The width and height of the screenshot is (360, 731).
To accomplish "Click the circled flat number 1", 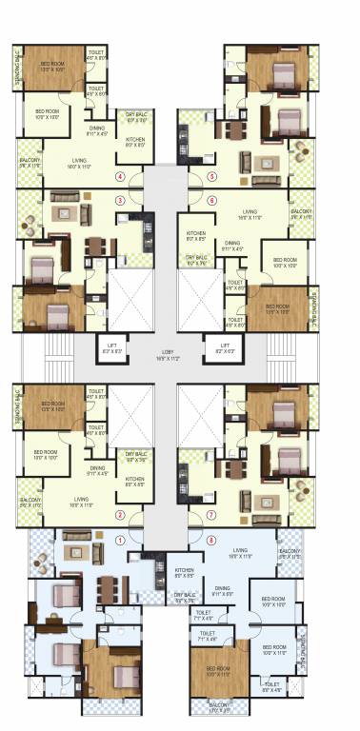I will pyautogui.click(x=120, y=539).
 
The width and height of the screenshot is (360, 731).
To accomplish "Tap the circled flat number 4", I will pyautogui.click(x=120, y=176).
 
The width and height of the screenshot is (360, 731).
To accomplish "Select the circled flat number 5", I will pyautogui.click(x=211, y=176).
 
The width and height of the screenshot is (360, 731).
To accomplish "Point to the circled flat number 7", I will pyautogui.click(x=211, y=515).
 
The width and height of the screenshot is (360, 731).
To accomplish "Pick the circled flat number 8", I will pyautogui.click(x=211, y=539).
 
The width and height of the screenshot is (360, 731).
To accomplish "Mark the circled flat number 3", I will pyautogui.click(x=120, y=200).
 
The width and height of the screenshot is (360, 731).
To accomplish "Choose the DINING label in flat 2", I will pyautogui.click(x=97, y=468).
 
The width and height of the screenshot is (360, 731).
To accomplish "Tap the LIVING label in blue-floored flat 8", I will pyautogui.click(x=249, y=551).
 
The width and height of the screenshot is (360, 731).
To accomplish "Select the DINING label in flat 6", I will pyautogui.click(x=232, y=244).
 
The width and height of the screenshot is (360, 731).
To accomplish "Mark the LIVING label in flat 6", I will pyautogui.click(x=250, y=212).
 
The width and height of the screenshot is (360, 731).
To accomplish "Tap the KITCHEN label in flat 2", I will pyautogui.click(x=134, y=481).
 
